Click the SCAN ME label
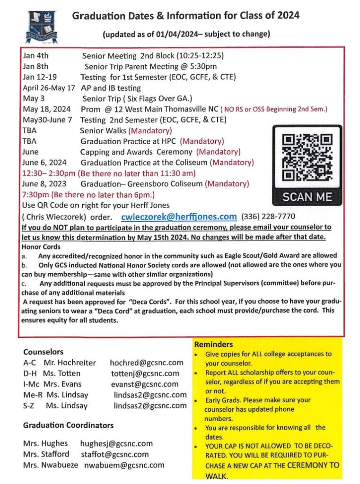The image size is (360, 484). [307, 197]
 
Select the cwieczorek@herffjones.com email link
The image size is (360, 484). [179, 217]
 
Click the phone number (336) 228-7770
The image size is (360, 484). [268, 217]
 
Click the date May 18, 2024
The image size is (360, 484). [46, 109]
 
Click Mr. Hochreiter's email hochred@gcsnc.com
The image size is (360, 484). [146, 363]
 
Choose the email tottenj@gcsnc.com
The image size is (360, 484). [148, 373]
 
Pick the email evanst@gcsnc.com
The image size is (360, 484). [144, 384]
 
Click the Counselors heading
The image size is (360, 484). [43, 352]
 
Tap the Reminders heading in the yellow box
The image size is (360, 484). [214, 345]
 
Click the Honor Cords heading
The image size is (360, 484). [41, 247]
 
